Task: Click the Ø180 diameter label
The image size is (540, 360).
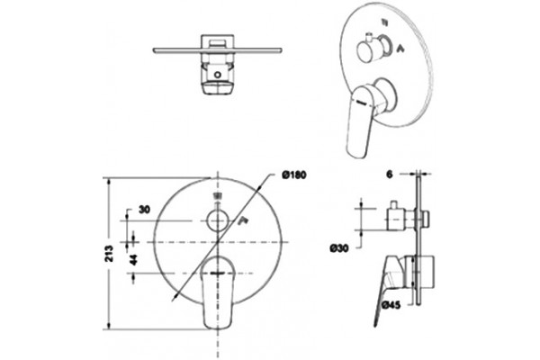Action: [293, 175]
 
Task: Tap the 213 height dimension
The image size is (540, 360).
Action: [109, 253]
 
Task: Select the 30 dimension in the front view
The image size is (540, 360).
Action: [144, 209]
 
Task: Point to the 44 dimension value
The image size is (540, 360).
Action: [134, 259]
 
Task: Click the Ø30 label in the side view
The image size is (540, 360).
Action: [339, 247]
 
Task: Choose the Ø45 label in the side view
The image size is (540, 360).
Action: [391, 304]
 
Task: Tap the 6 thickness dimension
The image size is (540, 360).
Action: [389, 175]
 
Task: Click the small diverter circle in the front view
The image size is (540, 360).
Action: [218, 220]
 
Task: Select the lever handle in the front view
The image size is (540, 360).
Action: [218, 292]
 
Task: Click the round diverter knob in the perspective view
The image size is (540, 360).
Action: [365, 51]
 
